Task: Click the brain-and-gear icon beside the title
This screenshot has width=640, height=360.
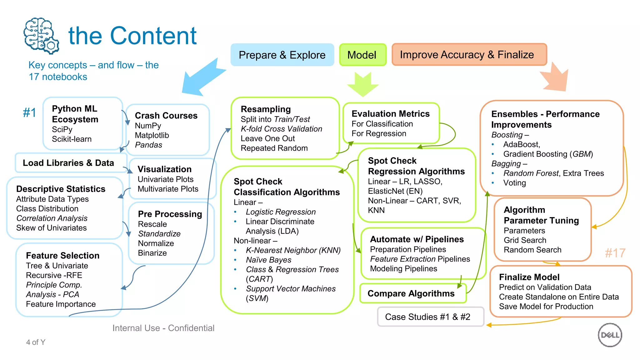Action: point(41,36)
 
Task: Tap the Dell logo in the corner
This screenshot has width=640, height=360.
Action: point(610,335)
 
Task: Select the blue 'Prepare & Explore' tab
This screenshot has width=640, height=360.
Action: point(282,55)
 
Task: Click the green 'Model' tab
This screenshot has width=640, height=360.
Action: point(362,55)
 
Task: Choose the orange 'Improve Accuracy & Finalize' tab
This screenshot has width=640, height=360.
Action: point(468,55)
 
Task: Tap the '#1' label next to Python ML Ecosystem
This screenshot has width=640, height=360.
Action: point(30,112)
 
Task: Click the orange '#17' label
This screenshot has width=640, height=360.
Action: point(615,253)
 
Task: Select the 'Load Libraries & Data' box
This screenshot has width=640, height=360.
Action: point(68,163)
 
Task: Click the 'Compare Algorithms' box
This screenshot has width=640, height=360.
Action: point(411,293)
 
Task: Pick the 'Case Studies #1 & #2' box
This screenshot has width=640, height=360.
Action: point(428,317)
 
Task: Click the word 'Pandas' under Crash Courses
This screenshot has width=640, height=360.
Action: point(148,145)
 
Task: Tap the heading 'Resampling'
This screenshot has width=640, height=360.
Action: point(266,109)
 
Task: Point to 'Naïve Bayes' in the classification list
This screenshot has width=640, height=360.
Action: point(268,260)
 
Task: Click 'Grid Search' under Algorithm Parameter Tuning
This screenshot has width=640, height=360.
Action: point(525,240)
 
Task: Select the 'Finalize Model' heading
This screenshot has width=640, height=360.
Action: point(529,277)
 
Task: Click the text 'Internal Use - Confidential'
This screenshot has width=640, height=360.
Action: point(163,328)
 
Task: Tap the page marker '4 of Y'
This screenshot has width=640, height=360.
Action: point(36,342)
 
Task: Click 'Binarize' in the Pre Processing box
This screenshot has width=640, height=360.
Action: point(152,253)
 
